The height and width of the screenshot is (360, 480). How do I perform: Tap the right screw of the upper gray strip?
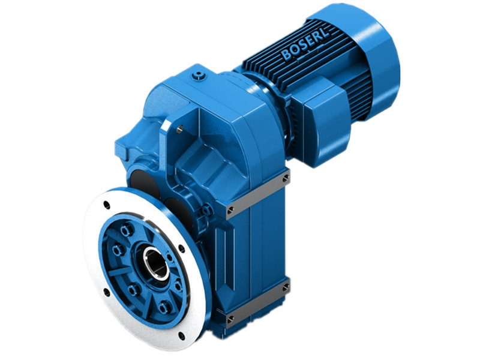pyautogui.click(x=285, y=178)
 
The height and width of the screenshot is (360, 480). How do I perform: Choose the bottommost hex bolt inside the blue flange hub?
pyautogui.click(x=164, y=308)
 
